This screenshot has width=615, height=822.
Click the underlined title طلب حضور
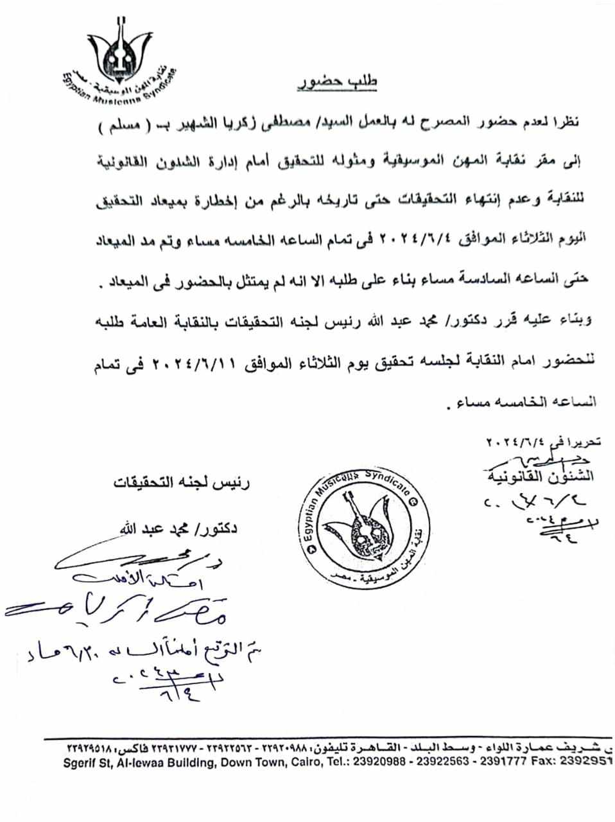point(338,83)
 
